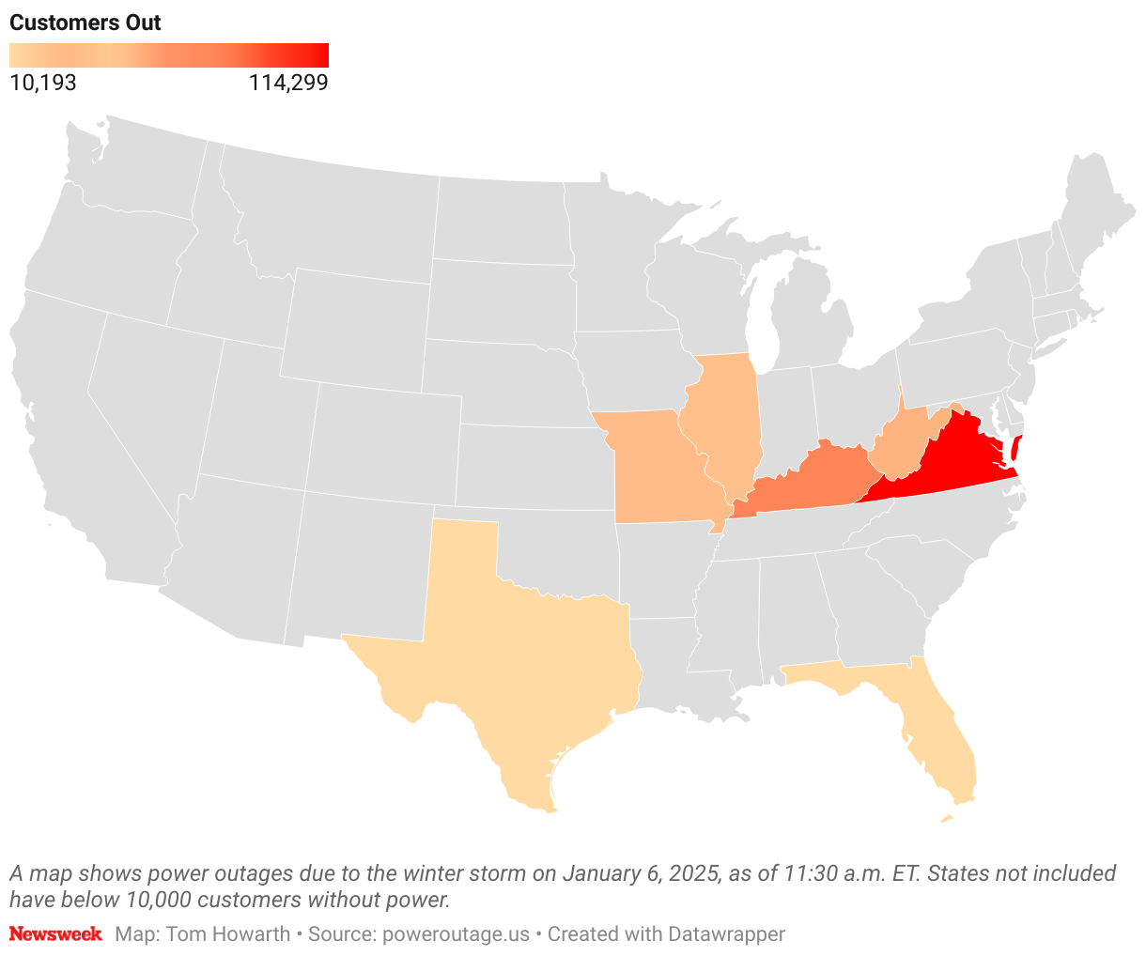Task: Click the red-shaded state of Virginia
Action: [949, 460]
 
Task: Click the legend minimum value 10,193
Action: [43, 83]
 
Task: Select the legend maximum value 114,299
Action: [287, 83]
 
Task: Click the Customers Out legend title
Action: [85, 23]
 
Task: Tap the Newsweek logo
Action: [55, 934]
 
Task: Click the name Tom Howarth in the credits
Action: [228, 934]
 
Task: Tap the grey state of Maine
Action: [1094, 207]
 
